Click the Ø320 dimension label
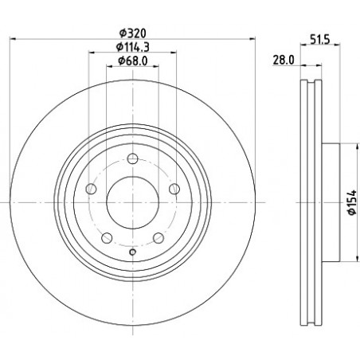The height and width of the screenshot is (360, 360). [133, 33]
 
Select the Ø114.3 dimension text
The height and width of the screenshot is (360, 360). [133, 47]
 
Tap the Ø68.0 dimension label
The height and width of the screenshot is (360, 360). [133, 61]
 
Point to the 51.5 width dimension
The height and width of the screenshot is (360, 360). [320, 40]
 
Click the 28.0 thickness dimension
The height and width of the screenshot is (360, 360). [284, 61]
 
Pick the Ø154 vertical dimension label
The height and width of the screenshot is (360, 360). [352, 202]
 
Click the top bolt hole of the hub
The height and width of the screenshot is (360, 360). [132, 158]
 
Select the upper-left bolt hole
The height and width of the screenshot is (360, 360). [91, 189]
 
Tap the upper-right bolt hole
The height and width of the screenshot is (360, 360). [174, 189]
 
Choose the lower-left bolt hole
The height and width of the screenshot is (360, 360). [107, 237]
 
